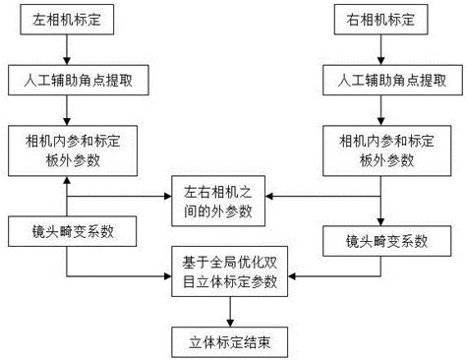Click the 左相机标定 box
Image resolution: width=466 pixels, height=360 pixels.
point(67,20)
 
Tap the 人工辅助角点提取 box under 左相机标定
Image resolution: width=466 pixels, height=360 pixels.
point(67,83)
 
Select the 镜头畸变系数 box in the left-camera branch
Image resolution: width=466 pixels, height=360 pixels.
point(65,232)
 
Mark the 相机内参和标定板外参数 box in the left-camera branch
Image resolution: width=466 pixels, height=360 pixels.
point(67,147)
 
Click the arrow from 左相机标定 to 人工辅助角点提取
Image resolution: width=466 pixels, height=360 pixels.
point(67,51)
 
